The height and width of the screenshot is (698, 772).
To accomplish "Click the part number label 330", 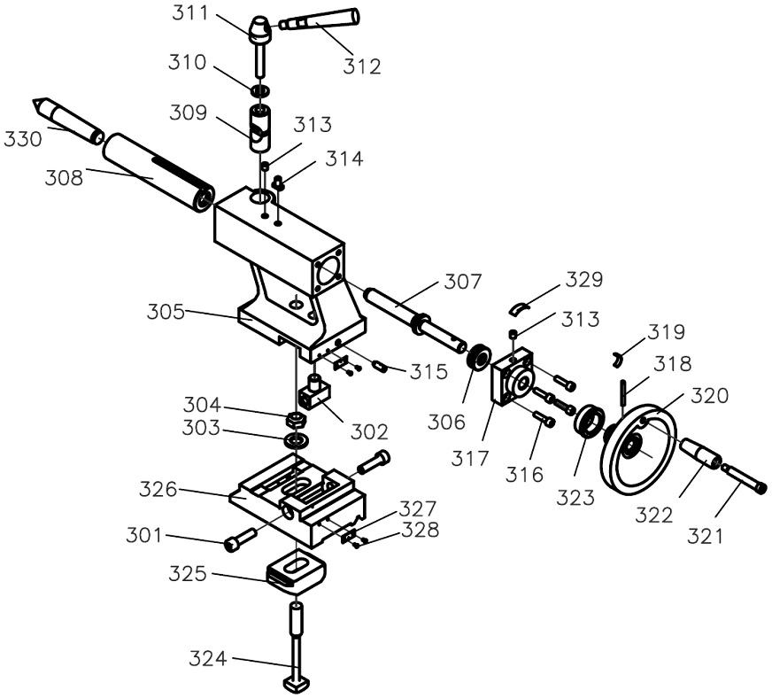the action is pos(23,139).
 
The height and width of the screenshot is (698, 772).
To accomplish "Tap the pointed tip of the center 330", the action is pos(34,99).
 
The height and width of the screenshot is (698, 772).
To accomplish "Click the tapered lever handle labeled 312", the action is pos(320,20).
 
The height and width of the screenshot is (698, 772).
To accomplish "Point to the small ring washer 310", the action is pos(260,90).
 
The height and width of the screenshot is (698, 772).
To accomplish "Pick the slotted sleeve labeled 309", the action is pos(260,128).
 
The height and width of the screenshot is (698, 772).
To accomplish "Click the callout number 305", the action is pos(166,313).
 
